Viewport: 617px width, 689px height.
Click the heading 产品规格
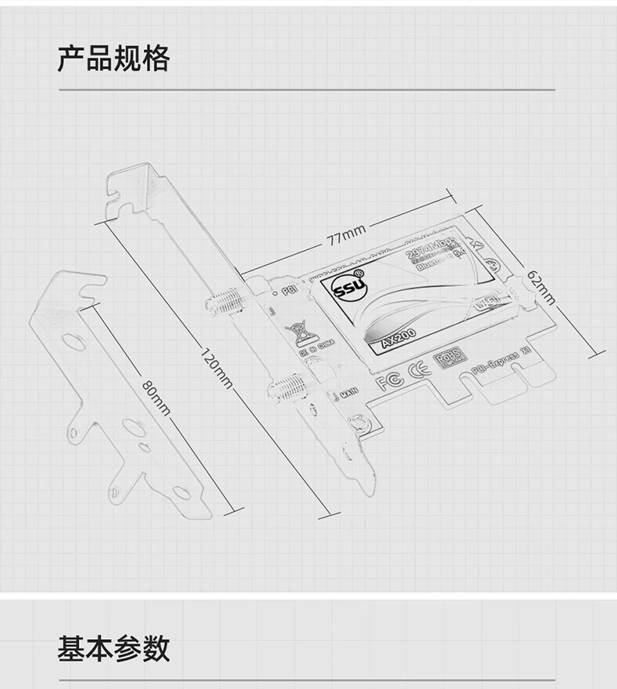(113, 59)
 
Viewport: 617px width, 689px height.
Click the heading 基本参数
(113, 648)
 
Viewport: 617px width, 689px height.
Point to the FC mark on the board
(390, 381)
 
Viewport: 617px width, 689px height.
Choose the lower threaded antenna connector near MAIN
(288, 386)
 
